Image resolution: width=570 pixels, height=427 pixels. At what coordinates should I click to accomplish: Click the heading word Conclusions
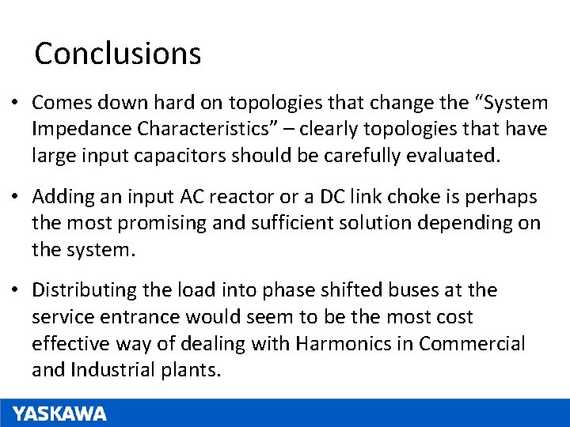click(x=118, y=54)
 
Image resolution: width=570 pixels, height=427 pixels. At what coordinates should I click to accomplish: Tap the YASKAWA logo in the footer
click(x=59, y=414)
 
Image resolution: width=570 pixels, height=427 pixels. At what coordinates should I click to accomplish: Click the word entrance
click(x=135, y=317)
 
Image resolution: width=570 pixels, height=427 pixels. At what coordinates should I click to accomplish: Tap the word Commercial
click(x=472, y=344)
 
